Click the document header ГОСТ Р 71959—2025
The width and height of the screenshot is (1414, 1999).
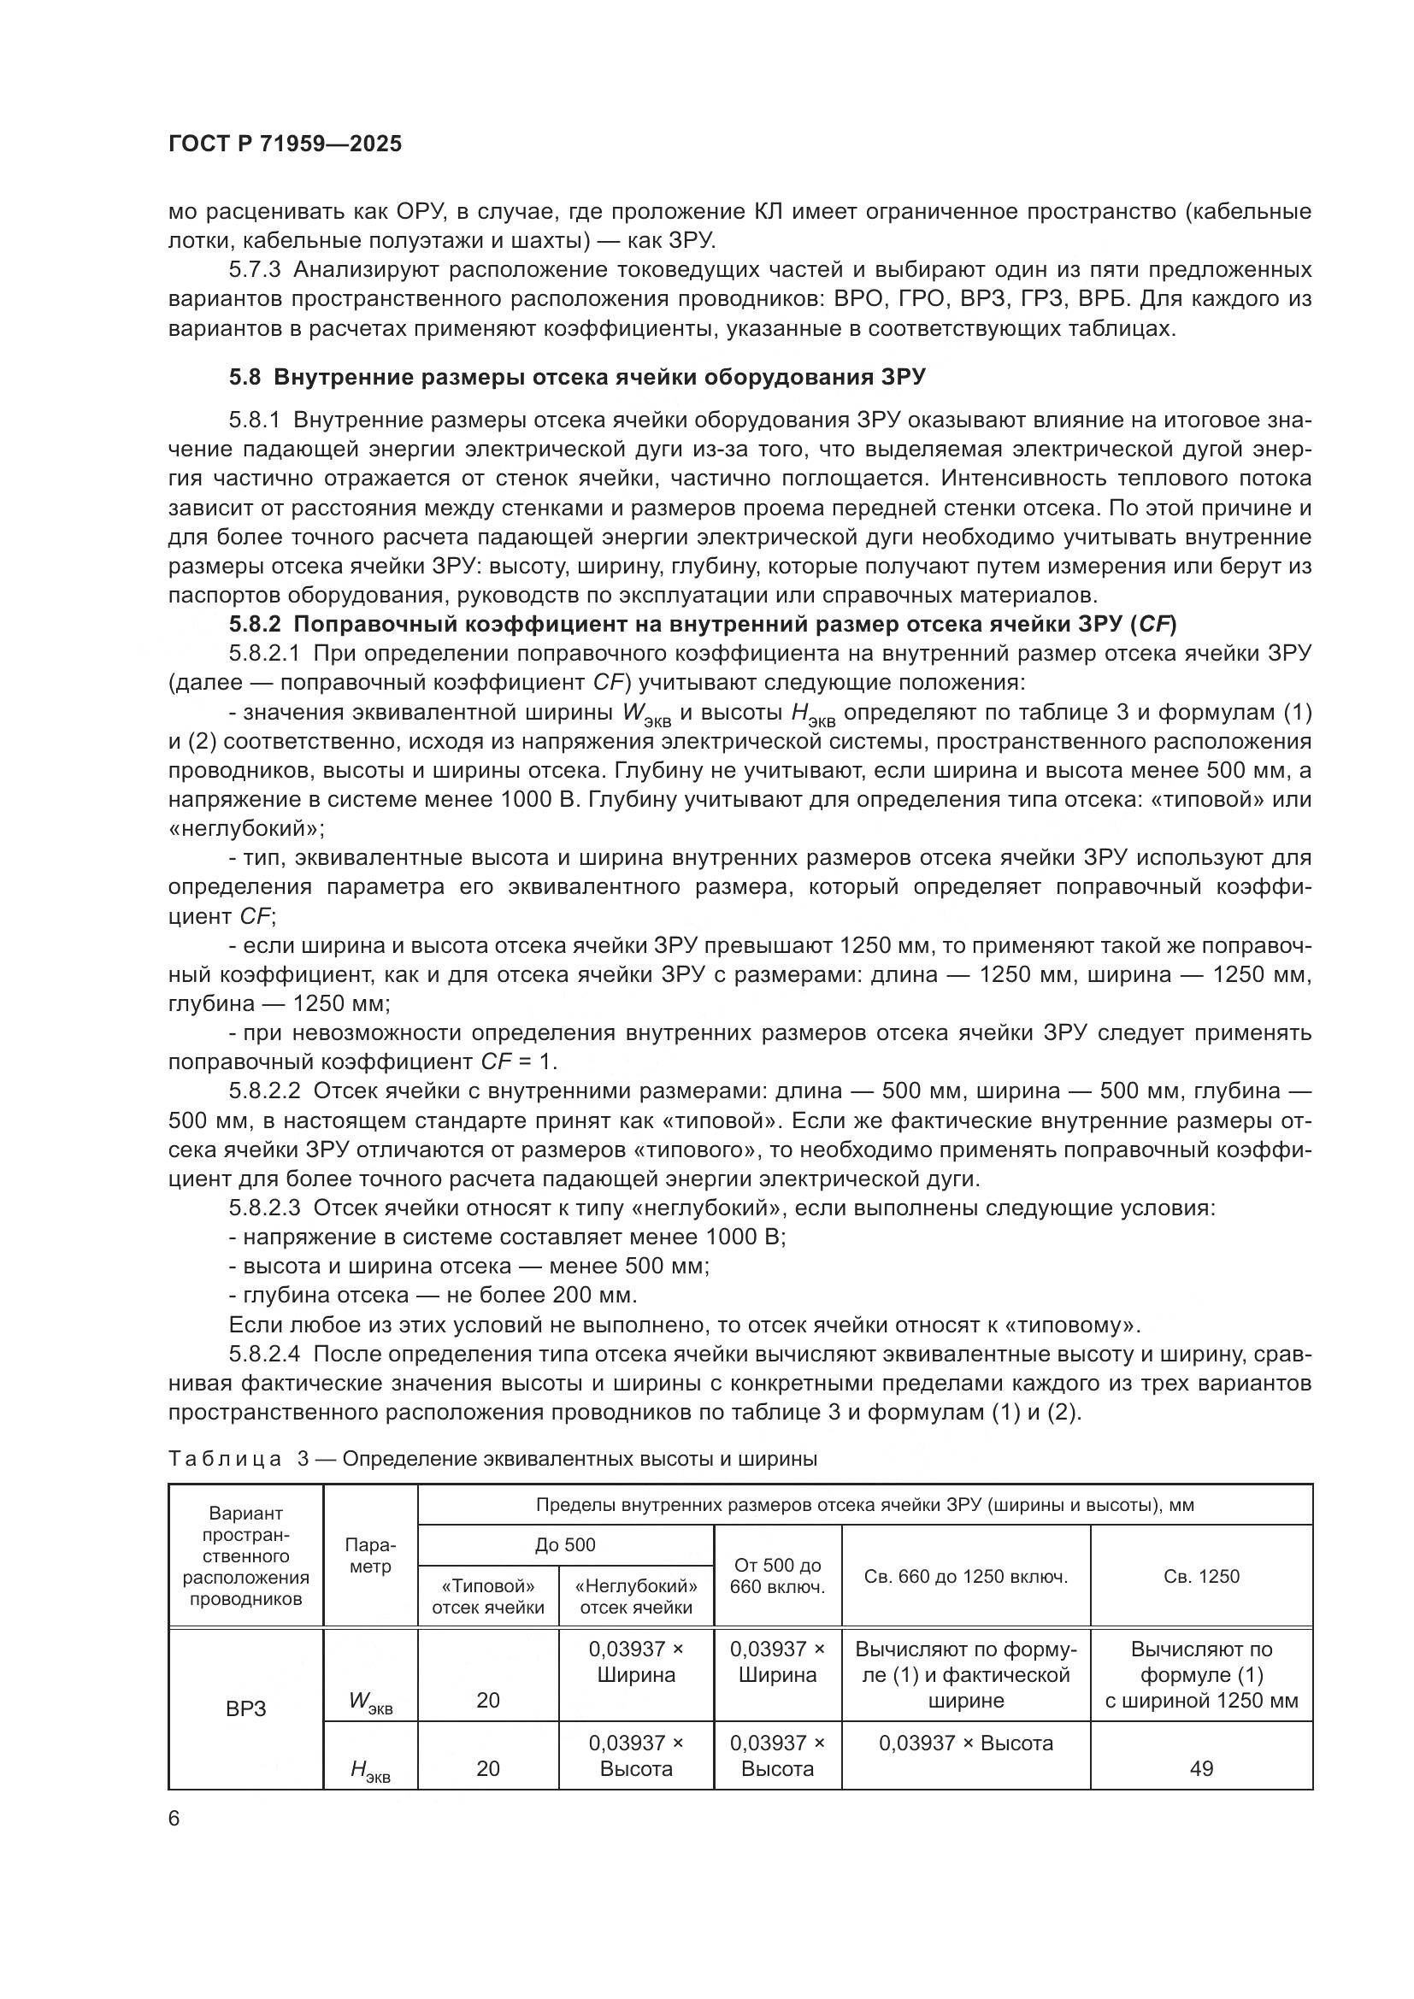click(285, 144)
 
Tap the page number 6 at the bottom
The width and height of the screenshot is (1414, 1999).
click(174, 1818)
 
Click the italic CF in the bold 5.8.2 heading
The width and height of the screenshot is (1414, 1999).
click(1156, 624)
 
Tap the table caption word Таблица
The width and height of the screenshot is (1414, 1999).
click(225, 1459)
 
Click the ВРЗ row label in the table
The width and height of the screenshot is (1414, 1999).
click(245, 1709)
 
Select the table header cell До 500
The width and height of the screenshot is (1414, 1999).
click(565, 1544)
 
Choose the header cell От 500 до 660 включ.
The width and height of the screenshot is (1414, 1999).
click(776, 1576)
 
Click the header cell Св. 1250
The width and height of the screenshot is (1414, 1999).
click(1200, 1576)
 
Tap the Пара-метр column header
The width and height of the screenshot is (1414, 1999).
click(370, 1555)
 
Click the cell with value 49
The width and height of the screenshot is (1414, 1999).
click(1200, 1768)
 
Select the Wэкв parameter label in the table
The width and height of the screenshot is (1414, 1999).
click(370, 1702)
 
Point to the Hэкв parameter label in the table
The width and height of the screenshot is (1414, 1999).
click(370, 1769)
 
